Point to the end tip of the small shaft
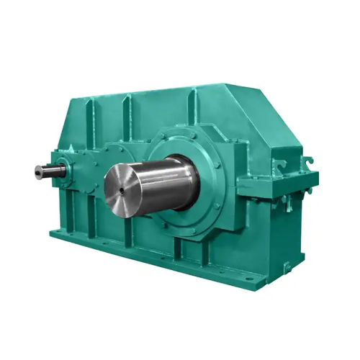tap(36, 171)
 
